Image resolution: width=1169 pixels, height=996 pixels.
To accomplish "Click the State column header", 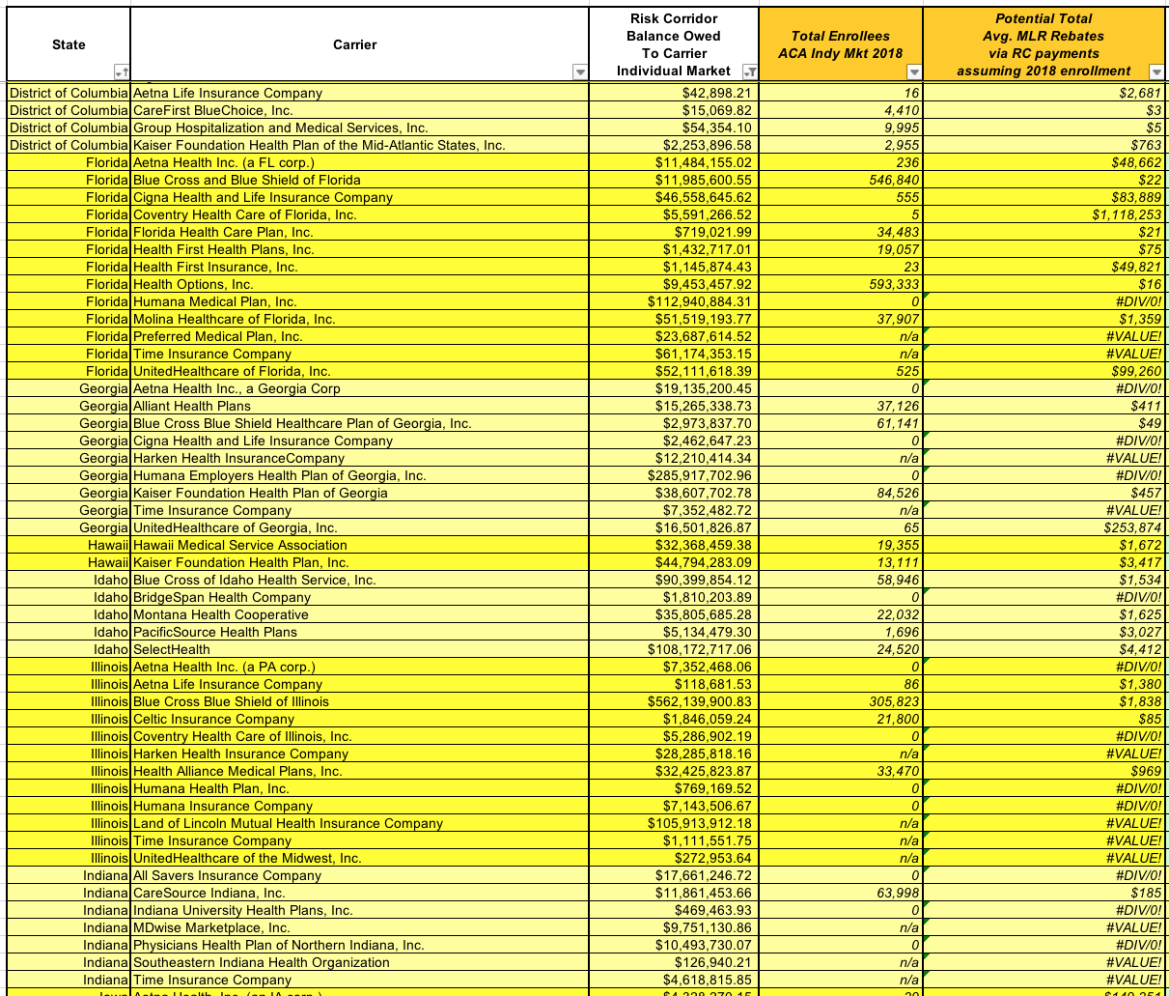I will tap(69, 44).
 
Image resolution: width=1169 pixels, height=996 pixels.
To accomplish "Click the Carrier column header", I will tap(355, 44).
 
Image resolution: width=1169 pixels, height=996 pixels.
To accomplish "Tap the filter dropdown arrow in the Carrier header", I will tap(579, 71).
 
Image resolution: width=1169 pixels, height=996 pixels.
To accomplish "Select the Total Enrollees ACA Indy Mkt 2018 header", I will tap(840, 44).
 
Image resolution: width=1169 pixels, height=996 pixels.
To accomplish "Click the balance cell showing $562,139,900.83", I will tap(699, 701).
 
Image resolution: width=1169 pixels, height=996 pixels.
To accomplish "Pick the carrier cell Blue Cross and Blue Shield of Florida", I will tap(247, 180).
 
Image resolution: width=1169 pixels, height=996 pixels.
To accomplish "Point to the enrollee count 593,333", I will tap(888, 284).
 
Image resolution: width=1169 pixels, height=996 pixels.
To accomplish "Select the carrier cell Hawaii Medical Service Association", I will tap(240, 545).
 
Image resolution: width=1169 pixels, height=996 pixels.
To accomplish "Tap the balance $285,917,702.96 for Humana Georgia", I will tap(699, 475).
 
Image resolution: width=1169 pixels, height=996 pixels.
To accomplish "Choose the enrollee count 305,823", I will tap(888, 701).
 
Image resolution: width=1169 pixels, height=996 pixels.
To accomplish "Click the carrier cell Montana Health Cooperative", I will tap(221, 614).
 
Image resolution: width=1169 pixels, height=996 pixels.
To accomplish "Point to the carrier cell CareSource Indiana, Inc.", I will tap(209, 893).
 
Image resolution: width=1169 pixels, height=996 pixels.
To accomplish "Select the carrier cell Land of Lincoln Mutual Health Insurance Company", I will tap(288, 823).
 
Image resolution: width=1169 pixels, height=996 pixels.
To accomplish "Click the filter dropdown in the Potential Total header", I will tap(1155, 71).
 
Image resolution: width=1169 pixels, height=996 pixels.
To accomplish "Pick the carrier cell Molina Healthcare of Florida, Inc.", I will tap(235, 319).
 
